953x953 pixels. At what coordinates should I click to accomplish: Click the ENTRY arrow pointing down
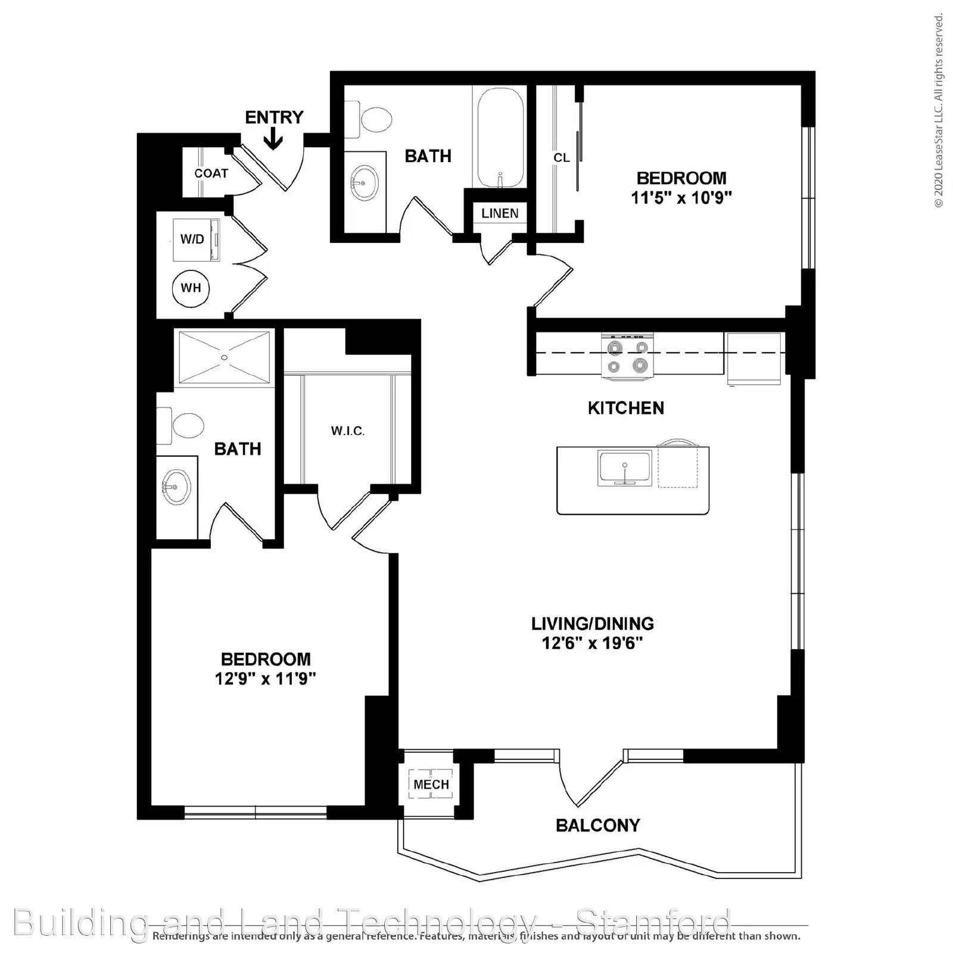273,140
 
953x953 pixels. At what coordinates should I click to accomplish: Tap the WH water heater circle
191,288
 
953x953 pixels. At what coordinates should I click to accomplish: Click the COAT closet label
211,173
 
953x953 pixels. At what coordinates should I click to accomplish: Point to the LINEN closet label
500,213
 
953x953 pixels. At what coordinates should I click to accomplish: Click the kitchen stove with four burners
627,356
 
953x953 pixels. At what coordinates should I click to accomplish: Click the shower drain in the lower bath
224,357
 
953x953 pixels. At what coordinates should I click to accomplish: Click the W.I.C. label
348,431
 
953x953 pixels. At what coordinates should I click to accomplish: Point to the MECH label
431,784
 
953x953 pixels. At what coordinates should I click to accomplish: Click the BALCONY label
597,825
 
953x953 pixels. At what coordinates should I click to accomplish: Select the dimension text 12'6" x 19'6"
592,643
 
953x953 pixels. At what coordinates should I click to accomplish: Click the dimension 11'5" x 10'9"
681,197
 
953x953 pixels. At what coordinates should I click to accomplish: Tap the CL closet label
561,158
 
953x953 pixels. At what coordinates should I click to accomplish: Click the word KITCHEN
625,408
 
